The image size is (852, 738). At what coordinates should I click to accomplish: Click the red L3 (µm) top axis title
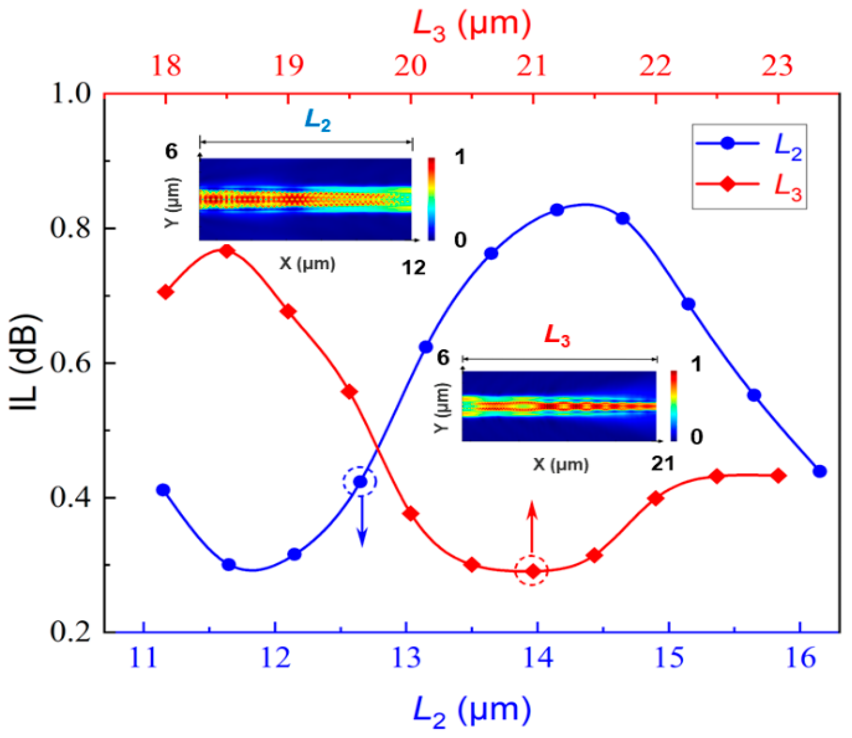tap(472, 26)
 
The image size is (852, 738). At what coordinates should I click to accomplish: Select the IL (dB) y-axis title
tap(26, 363)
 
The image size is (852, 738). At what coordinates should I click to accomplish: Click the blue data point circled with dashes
tap(360, 481)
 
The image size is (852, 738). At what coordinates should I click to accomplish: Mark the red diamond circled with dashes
tap(532, 571)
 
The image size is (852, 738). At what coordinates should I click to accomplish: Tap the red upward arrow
tap(532, 527)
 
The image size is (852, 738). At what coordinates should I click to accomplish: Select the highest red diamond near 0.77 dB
tap(227, 251)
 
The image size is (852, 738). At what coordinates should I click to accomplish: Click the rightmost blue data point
tap(820, 471)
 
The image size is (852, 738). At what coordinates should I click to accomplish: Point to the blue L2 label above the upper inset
tap(318, 121)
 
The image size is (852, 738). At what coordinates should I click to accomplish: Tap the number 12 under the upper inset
tap(413, 268)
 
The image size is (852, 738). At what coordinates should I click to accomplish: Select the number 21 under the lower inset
tap(663, 464)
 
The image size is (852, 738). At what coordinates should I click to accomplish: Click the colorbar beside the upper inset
tap(431, 199)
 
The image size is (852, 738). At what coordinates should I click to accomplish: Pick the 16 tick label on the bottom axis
tap(800, 658)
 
